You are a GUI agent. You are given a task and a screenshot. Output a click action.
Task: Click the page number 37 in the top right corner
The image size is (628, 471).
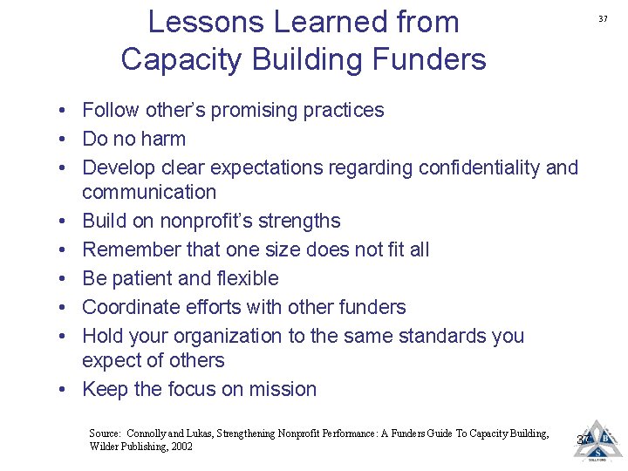pos(603,18)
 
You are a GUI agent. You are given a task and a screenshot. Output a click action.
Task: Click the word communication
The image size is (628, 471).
pos(149,192)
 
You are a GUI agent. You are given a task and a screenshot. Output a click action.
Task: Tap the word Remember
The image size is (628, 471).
pos(131,249)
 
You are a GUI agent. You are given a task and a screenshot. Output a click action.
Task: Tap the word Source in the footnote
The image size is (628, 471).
pos(105,433)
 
